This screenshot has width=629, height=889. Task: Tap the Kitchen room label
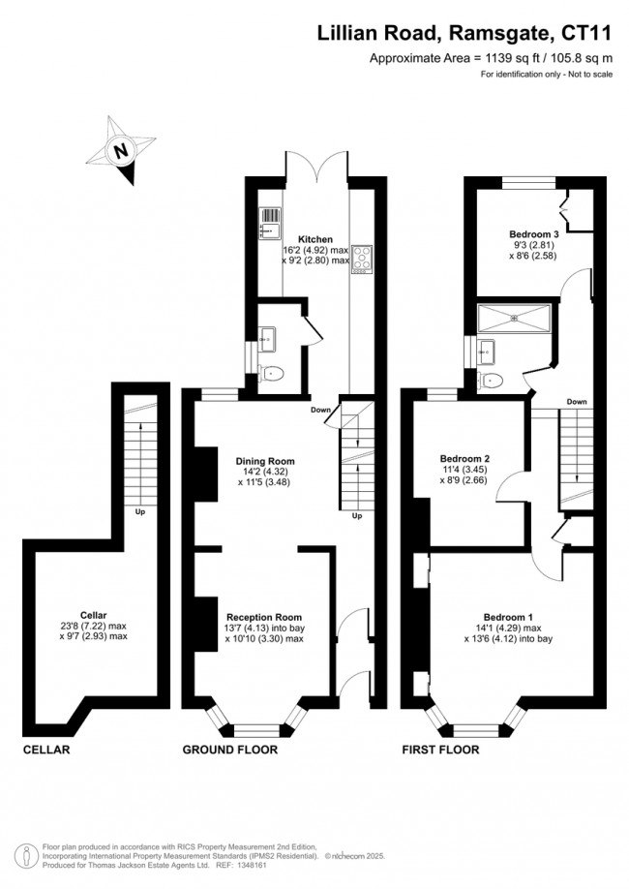pyautogui.click(x=315, y=239)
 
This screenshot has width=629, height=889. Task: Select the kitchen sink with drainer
pyautogui.click(x=269, y=223)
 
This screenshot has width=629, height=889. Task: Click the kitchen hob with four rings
pyautogui.click(x=361, y=259)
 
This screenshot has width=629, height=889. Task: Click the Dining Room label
pyautogui.click(x=264, y=461)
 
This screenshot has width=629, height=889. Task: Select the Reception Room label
pyautogui.click(x=264, y=617)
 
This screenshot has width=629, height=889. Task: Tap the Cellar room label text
pyautogui.click(x=94, y=615)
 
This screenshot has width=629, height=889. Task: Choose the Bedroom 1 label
pyautogui.click(x=508, y=617)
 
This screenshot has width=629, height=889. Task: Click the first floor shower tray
pyautogui.click(x=514, y=317)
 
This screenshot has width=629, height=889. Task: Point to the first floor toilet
pyautogui.click(x=490, y=379)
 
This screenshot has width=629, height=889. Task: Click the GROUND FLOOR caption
pyautogui.click(x=230, y=750)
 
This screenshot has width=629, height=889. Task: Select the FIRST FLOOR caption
pyautogui.click(x=441, y=750)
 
